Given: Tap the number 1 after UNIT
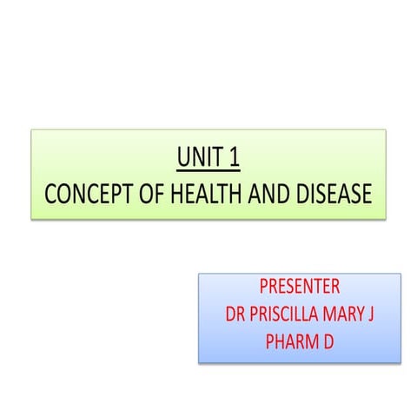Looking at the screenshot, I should tap(233, 160).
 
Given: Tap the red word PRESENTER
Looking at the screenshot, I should tap(300, 288).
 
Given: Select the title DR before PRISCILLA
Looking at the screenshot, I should tap(236, 313).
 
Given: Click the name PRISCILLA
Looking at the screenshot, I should tap(288, 313).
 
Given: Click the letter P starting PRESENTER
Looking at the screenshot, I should tap(264, 288).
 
